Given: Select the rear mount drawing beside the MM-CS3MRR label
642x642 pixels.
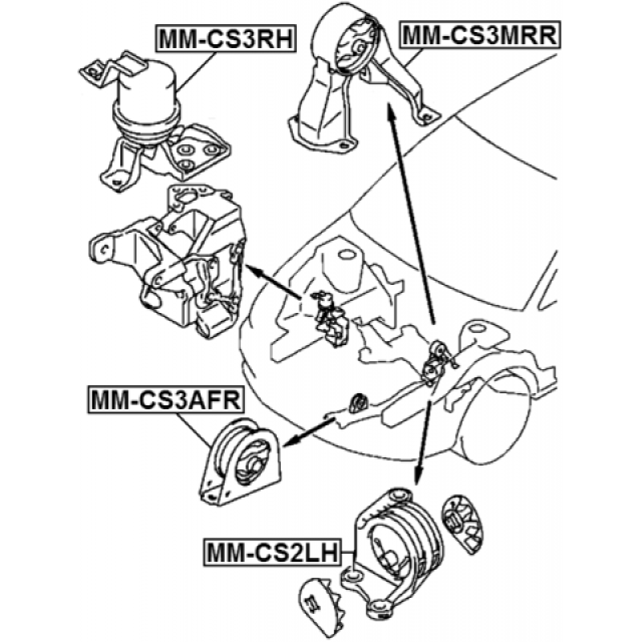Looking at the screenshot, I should tap(353, 80).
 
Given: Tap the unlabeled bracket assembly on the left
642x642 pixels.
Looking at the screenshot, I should tap(173, 261).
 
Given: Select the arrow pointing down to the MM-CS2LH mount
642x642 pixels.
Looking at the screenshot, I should tap(423, 441).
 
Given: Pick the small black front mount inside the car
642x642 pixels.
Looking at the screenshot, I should tap(358, 400).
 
